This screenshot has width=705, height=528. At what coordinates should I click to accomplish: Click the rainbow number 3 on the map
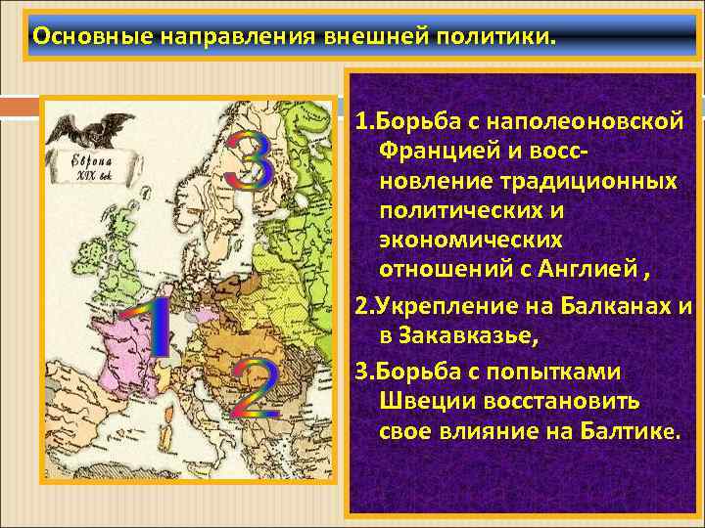(x=249, y=161)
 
